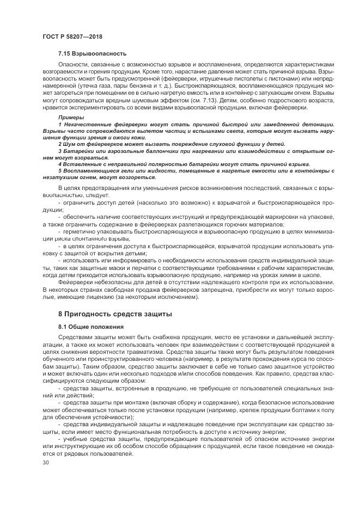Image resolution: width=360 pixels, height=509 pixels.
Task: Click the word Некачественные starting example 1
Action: click(90, 125)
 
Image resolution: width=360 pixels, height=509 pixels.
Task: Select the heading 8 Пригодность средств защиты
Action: click(115, 315)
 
